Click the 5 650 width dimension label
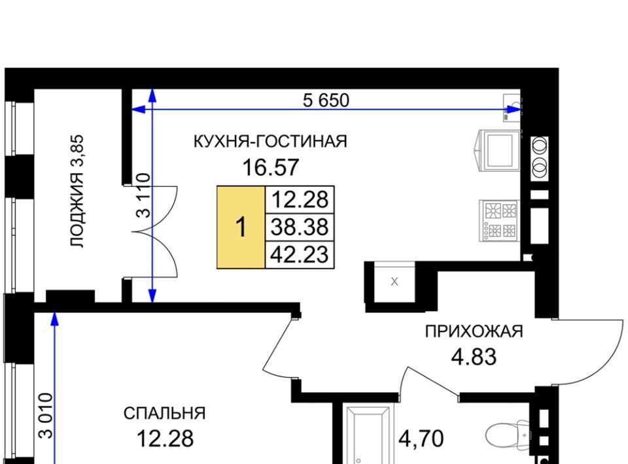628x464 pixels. (326, 100)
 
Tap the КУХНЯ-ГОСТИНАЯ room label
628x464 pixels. (270, 142)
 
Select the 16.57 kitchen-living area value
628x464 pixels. (271, 167)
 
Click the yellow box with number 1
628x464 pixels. (241, 227)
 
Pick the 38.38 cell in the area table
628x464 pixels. (300, 227)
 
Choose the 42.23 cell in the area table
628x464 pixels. (300, 254)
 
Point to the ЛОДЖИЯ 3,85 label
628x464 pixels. (77, 191)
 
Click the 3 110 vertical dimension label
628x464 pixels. (143, 195)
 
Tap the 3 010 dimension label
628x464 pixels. (45, 416)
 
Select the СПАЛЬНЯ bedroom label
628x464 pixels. (165, 414)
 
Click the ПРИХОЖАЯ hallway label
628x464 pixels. (474, 331)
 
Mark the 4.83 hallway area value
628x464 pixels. (474, 357)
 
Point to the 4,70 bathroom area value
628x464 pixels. (421, 439)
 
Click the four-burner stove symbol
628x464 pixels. (499, 221)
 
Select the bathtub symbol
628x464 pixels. (368, 435)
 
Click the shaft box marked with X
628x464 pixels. (394, 282)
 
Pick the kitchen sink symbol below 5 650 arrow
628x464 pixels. (512, 107)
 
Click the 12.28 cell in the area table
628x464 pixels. (300, 199)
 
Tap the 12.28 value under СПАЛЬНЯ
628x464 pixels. (165, 439)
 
